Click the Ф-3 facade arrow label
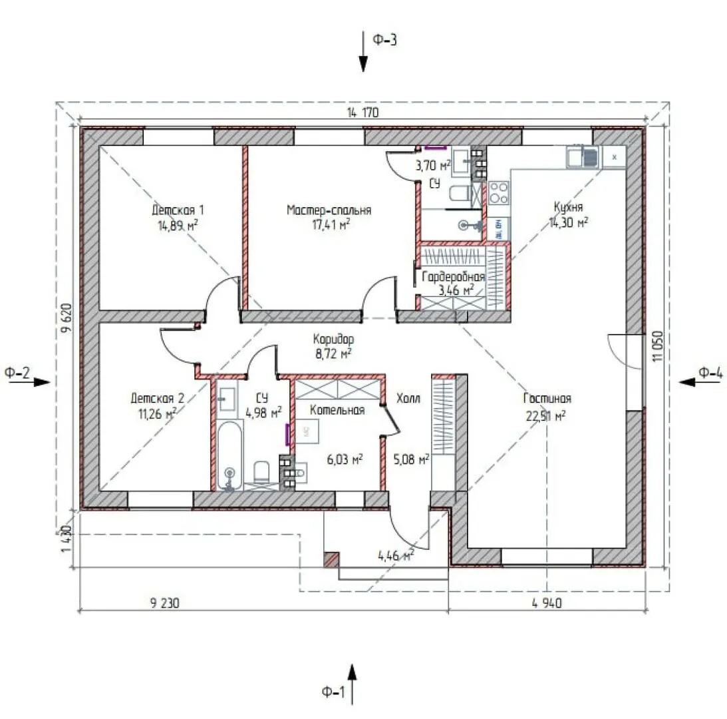pos(385,40)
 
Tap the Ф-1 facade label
pos(333,692)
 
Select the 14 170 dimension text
pos(363,113)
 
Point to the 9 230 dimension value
pos(164,603)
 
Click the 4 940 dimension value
pos(547,603)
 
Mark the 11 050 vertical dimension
pos(657,346)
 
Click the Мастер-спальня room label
pos(329,210)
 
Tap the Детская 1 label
pos(178,210)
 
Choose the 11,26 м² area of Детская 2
pos(158,413)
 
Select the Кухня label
pos(569,206)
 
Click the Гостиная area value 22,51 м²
pos(545,415)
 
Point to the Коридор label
pos(333,339)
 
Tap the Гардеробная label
pos(453,277)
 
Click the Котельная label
pos(337,410)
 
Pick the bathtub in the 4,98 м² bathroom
pos(229,455)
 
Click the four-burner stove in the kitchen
pos(499,192)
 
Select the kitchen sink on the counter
pos(583,157)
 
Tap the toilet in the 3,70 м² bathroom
pos(460,193)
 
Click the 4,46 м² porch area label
pos(396,555)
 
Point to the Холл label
pos(408,398)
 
